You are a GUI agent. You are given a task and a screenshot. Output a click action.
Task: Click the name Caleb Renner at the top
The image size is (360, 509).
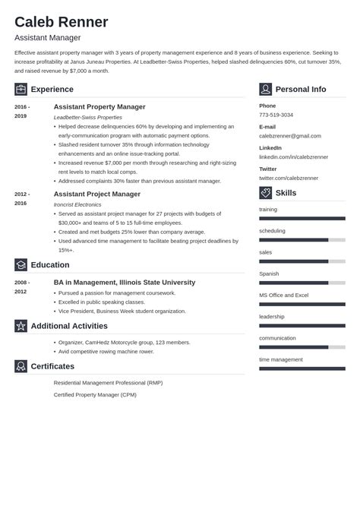click(61, 21)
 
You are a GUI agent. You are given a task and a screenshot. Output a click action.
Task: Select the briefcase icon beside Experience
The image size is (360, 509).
click(21, 89)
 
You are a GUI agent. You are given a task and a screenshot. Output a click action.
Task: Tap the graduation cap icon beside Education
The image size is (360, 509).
click(21, 264)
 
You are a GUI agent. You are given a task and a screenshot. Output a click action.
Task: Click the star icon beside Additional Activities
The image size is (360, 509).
click(21, 326)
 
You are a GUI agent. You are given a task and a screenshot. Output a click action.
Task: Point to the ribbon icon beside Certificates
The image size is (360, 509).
click(21, 366)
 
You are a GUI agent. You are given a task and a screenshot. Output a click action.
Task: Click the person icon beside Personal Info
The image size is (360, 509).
click(265, 89)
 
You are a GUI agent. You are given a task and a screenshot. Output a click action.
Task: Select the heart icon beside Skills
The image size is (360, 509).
click(265, 193)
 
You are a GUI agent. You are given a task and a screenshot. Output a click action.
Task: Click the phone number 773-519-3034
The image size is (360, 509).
click(276, 115)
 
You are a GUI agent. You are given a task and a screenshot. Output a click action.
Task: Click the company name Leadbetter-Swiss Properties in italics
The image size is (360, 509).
click(88, 118)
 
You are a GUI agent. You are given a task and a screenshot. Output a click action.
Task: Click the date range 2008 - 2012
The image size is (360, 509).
click(21, 286)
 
